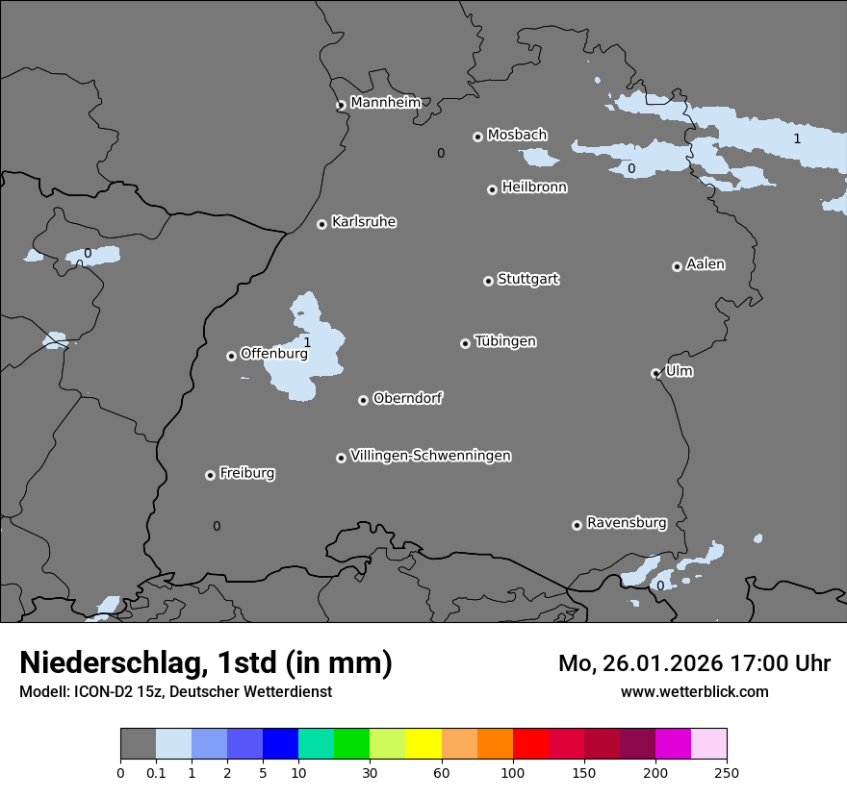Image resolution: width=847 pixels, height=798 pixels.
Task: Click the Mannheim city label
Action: click(x=385, y=102)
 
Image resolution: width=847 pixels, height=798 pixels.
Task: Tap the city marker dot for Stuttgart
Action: click(x=488, y=281)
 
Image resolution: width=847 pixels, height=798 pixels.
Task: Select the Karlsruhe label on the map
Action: click(x=364, y=222)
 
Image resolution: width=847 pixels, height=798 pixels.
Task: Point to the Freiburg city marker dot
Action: click(x=210, y=475)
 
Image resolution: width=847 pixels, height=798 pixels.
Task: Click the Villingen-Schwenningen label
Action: click(x=430, y=456)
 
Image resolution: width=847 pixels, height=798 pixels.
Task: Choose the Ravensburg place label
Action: click(x=627, y=523)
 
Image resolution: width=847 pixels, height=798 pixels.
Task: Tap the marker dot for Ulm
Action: click(x=655, y=373)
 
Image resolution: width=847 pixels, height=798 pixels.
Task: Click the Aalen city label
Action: click(x=706, y=264)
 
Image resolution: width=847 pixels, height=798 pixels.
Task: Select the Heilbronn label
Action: click(x=534, y=187)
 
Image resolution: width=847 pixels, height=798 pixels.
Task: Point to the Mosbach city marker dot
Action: click(x=477, y=137)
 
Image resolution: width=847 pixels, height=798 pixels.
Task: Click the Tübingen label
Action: click(x=505, y=341)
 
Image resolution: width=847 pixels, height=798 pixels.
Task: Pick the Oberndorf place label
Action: click(x=408, y=398)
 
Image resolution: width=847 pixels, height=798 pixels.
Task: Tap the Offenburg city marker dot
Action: click(x=231, y=356)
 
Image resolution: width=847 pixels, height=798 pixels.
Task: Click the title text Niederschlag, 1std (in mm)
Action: click(x=206, y=663)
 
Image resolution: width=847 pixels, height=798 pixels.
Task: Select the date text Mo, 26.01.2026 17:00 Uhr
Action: click(x=694, y=663)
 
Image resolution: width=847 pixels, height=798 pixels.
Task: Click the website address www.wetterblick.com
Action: click(x=694, y=691)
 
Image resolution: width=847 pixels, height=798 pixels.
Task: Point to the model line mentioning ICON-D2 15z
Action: click(x=175, y=691)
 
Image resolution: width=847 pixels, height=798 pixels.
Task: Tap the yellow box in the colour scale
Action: click(x=423, y=744)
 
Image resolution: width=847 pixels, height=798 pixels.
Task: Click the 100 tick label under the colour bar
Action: click(x=513, y=771)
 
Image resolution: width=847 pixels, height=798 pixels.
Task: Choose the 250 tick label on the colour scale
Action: click(x=727, y=771)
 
